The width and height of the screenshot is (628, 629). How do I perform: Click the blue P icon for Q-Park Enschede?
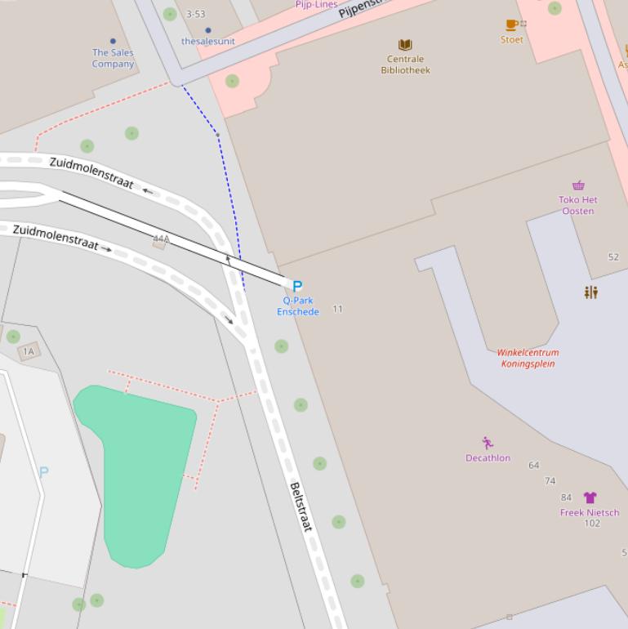(x=297, y=286)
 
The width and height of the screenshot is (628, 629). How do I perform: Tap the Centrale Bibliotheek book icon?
(x=405, y=45)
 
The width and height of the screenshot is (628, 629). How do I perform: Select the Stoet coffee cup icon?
(x=511, y=25)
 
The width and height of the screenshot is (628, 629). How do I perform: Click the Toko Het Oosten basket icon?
(x=578, y=185)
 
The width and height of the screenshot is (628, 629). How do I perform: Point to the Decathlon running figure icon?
(x=488, y=443)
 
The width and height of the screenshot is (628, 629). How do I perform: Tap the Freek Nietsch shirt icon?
(x=590, y=497)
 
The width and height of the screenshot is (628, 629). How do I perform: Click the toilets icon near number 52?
(x=591, y=292)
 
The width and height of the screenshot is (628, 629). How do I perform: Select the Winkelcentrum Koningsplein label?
(x=528, y=358)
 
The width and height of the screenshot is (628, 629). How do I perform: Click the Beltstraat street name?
(x=301, y=507)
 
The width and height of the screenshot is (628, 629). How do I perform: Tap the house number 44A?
(x=161, y=239)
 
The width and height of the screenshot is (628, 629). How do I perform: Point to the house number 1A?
(x=29, y=351)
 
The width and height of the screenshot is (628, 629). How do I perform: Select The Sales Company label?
(x=113, y=58)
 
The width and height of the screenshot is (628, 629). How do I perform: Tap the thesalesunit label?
(x=208, y=41)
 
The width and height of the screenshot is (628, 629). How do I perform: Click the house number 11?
(x=338, y=309)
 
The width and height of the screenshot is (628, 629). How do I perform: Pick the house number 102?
(x=592, y=524)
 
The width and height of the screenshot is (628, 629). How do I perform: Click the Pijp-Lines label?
(x=316, y=4)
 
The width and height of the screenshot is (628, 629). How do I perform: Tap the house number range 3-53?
(x=196, y=14)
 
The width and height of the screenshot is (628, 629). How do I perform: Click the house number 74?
(x=550, y=481)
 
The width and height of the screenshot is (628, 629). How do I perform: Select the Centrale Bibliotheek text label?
(x=405, y=65)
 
